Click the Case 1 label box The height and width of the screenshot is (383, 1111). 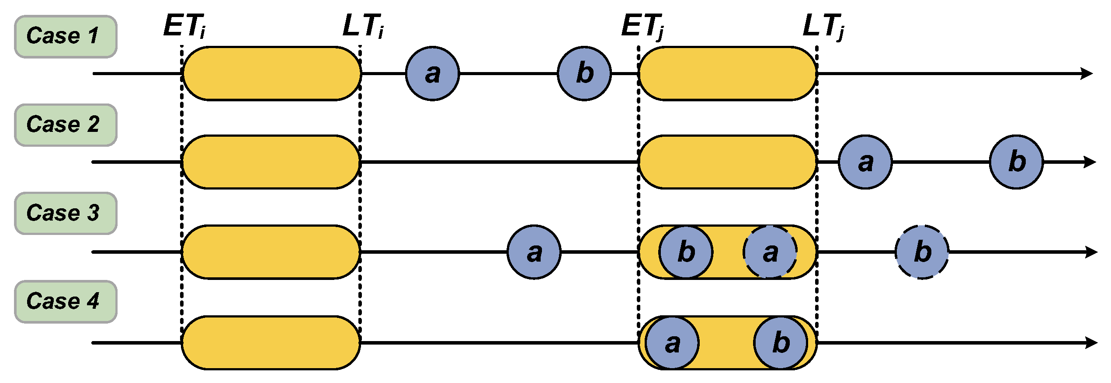(x=66, y=37)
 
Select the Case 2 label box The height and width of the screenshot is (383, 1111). (x=66, y=125)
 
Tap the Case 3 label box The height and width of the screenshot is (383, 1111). (x=66, y=214)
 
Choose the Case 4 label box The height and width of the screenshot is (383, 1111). (x=66, y=302)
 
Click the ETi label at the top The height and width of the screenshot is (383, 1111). (x=184, y=26)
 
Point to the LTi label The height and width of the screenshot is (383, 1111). (x=363, y=26)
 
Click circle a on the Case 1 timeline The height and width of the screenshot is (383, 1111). (x=432, y=73)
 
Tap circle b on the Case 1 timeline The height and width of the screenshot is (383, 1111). (x=584, y=73)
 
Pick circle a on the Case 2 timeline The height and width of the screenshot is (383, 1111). (x=865, y=162)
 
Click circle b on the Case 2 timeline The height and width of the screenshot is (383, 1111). (x=1016, y=162)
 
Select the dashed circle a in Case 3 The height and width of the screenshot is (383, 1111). (x=770, y=252)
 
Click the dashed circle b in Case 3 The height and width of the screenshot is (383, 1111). (x=922, y=252)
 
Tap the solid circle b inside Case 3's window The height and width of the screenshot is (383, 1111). (x=686, y=252)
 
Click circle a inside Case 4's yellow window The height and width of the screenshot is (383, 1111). (x=672, y=343)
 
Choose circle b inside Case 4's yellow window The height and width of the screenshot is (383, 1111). (x=781, y=343)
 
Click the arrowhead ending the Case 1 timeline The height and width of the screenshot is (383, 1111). (x=1087, y=73)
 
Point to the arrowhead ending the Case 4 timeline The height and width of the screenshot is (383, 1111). (x=1091, y=343)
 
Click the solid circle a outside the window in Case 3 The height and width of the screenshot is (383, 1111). (x=534, y=252)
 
